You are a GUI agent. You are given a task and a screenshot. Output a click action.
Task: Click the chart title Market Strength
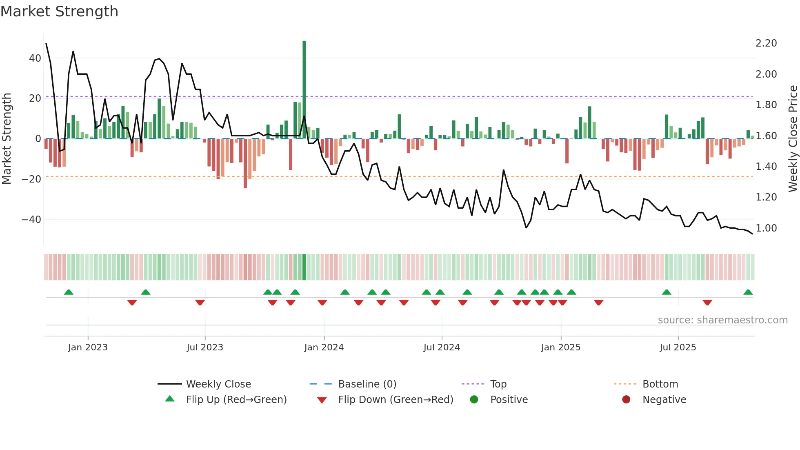[60, 11]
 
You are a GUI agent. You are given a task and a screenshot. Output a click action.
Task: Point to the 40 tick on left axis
[35, 58]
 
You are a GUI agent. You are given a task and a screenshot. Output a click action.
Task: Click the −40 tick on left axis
[31, 220]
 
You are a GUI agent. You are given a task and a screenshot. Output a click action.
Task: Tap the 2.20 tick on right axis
[766, 43]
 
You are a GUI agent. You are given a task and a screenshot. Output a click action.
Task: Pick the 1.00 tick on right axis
[766, 228]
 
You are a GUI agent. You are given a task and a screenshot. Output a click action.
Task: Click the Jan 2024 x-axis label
[324, 348]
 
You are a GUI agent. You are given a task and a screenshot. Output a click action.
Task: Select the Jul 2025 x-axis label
[678, 348]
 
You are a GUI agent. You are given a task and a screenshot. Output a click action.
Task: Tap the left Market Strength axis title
[7, 138]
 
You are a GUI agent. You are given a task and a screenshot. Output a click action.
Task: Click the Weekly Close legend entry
[218, 384]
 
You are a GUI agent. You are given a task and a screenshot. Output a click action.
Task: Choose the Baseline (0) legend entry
[367, 384]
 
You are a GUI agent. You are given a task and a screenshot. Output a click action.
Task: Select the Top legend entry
[498, 384]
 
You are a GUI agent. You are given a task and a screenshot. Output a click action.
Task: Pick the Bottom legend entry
[660, 384]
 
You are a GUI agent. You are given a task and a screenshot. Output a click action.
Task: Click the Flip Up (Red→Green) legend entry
[236, 400]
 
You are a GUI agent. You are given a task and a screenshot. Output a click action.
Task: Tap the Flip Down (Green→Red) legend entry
[396, 400]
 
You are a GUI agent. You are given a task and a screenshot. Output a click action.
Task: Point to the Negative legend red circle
[626, 400]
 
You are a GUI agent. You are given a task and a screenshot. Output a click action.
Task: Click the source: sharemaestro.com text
[722, 320]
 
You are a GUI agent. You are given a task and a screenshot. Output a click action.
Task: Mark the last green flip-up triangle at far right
[748, 292]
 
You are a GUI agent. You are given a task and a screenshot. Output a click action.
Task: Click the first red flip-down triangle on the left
[132, 303]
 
